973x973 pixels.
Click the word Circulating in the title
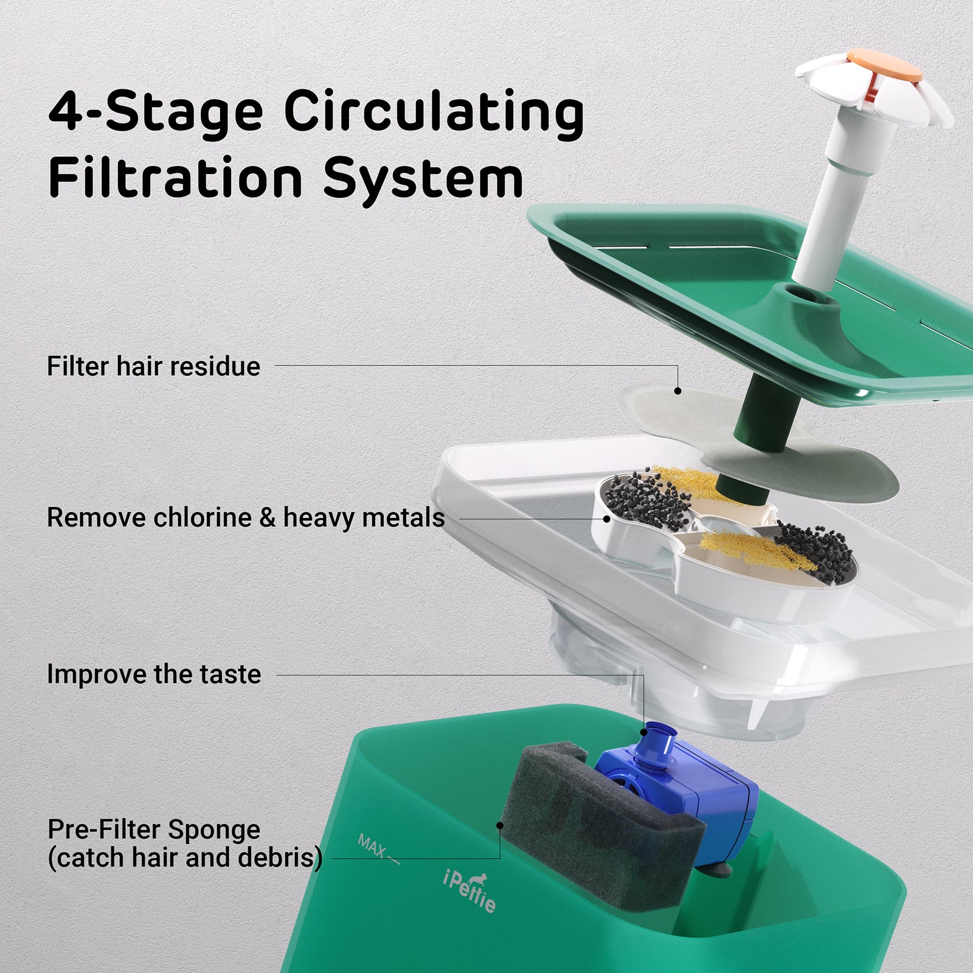pos(434,113)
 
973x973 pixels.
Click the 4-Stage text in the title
pos(156,113)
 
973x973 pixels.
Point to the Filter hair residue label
pos(153,367)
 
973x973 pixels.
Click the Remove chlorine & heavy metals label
pos(246,518)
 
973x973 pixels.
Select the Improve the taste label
pos(154,674)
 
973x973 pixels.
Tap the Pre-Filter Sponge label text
pos(154,829)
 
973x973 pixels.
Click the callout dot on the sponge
pos(499,825)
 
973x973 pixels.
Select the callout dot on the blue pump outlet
pos(643,732)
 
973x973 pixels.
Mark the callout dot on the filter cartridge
pos(606,519)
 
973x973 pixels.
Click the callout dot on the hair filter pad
pos(677,390)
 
